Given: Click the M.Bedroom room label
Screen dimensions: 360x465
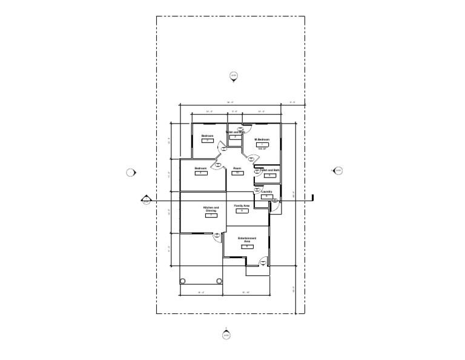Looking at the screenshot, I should (x=262, y=139).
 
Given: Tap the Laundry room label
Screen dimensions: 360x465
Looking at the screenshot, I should (x=266, y=192).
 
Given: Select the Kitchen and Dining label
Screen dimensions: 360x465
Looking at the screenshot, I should (x=211, y=209).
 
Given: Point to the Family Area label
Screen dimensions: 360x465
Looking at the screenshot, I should (x=242, y=206).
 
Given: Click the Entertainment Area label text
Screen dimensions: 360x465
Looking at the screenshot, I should (x=247, y=239).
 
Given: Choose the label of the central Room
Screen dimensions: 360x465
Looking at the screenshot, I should (x=237, y=168).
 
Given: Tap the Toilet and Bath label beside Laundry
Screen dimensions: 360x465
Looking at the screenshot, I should (x=269, y=170).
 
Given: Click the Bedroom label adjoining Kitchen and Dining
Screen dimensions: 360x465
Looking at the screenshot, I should (x=200, y=168).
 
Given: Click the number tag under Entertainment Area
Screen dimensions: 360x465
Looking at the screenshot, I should (x=247, y=247).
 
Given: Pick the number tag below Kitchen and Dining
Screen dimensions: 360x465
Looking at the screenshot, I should (x=211, y=215).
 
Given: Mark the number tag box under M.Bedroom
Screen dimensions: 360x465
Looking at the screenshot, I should (x=262, y=144).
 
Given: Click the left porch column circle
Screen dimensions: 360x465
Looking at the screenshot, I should (x=183, y=281).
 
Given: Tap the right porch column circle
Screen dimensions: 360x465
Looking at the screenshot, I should (x=219, y=281).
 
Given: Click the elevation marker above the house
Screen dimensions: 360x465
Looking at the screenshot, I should (x=234, y=76).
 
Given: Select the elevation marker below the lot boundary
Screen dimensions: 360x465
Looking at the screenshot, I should (x=226, y=335).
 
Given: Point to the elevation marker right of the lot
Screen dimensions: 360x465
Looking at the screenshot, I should (x=338, y=170).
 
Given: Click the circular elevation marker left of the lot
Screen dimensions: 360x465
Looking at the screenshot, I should (x=130, y=173).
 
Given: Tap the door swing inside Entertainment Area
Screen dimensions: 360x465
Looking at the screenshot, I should (x=263, y=262).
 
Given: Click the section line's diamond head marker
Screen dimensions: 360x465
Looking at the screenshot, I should (x=146, y=199).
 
